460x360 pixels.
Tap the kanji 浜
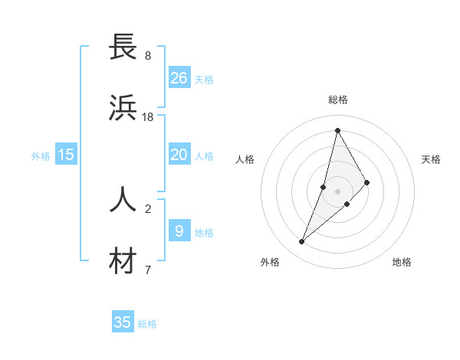point(123,110)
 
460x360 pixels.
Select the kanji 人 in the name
point(123,199)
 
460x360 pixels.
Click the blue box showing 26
point(179,78)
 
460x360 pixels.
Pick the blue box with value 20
point(179,155)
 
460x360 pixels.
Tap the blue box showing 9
point(179,231)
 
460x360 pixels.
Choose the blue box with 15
point(66,155)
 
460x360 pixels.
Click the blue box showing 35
point(123,322)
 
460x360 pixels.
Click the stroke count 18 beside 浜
point(148,117)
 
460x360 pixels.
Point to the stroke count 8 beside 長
point(148,55)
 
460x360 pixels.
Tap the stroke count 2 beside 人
point(148,208)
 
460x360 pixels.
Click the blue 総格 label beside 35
point(147,324)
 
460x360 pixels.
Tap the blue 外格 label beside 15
point(41,156)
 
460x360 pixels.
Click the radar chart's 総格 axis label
point(337,100)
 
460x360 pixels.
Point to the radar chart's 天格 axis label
point(431,159)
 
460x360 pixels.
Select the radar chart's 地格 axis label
point(402,262)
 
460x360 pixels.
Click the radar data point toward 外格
point(301,242)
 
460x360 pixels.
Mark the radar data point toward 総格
point(337,130)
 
